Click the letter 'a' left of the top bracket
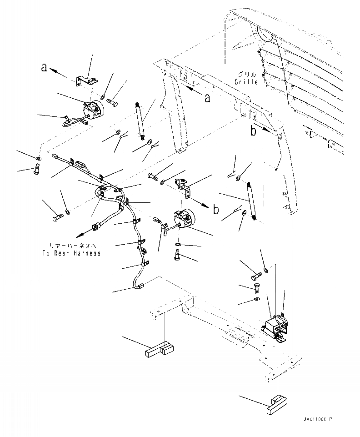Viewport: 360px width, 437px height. [44, 67]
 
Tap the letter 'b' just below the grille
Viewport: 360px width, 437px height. [253, 132]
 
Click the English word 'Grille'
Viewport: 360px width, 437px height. [247, 82]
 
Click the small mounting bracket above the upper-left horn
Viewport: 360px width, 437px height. [87, 81]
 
